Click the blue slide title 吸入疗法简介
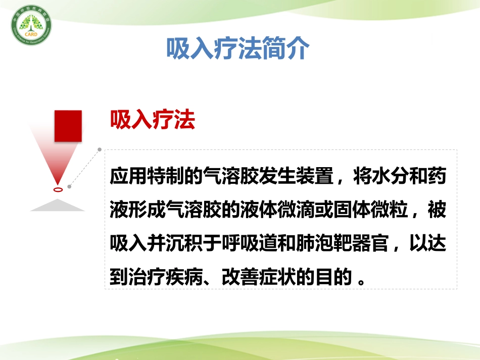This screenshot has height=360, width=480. click(x=237, y=48)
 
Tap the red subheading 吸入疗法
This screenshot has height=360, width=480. click(x=153, y=121)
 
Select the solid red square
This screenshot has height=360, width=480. click(x=68, y=125)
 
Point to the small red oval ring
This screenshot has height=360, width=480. click(x=59, y=190)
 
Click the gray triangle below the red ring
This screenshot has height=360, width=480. click(x=57, y=205)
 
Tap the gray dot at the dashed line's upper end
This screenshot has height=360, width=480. click(x=100, y=149)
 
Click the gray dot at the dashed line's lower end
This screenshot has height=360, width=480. click(x=69, y=186)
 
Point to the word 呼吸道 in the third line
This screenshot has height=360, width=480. click(x=239, y=243)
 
